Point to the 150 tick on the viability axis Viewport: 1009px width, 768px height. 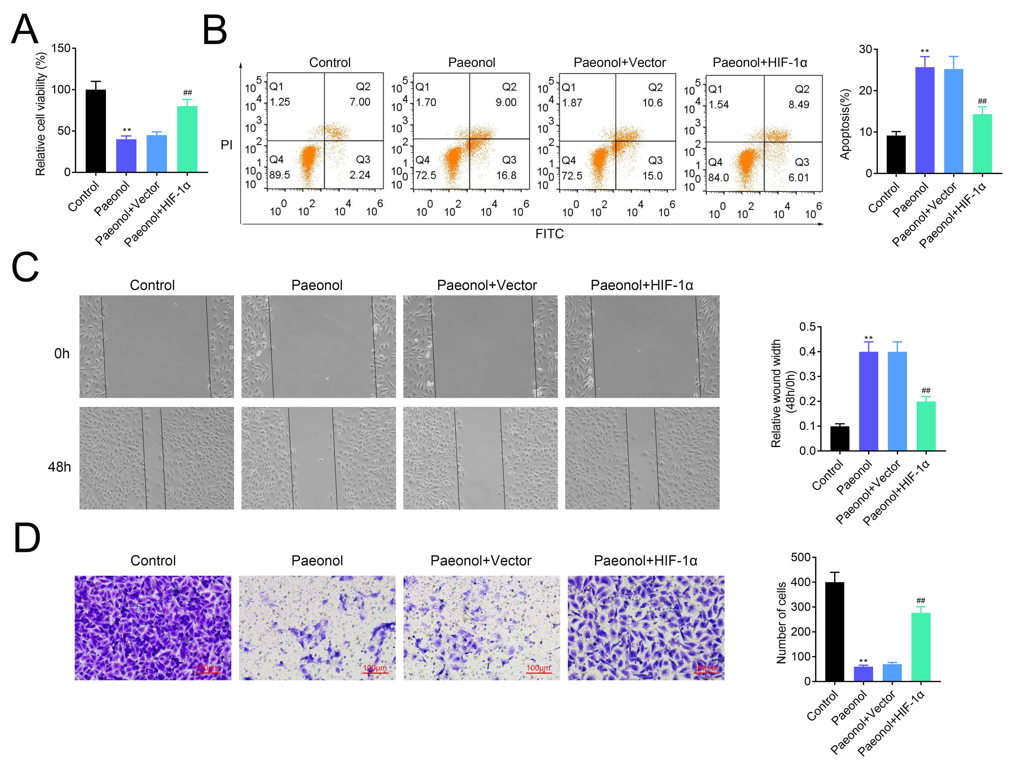point(61,48)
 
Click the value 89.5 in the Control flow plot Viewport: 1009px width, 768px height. point(280,175)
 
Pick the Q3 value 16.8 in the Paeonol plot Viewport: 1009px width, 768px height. point(506,175)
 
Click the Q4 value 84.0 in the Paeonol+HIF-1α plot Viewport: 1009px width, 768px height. point(718,177)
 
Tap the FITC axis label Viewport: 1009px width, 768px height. point(549,234)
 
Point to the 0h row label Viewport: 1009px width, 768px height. point(62,353)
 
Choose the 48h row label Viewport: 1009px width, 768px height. point(59,467)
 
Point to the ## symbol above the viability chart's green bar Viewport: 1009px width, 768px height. point(187,93)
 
